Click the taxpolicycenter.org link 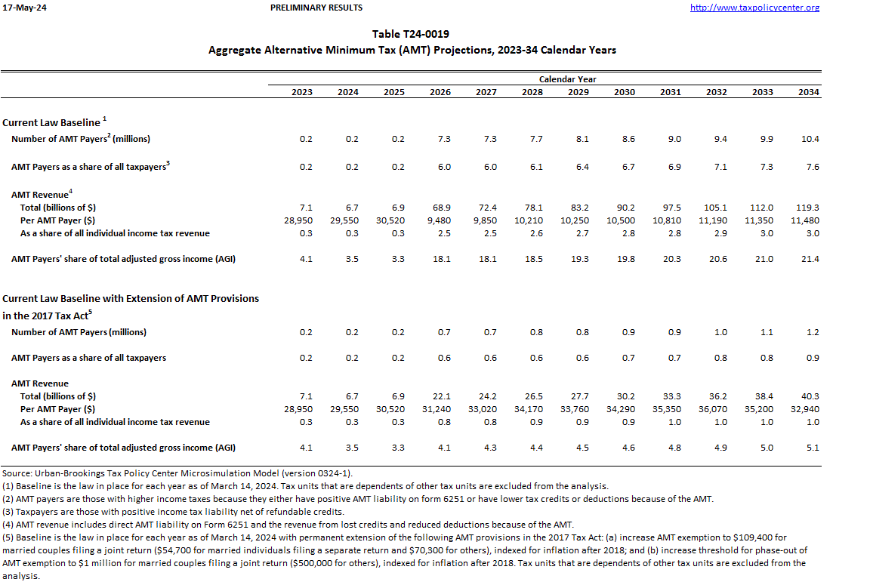754,8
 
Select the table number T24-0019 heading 412,34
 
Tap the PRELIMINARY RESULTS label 316,8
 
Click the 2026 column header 440,92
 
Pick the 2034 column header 809,92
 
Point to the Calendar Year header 567,79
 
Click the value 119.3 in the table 809,208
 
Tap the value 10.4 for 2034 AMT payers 810,139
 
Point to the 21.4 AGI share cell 810,259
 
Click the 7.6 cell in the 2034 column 812,167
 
